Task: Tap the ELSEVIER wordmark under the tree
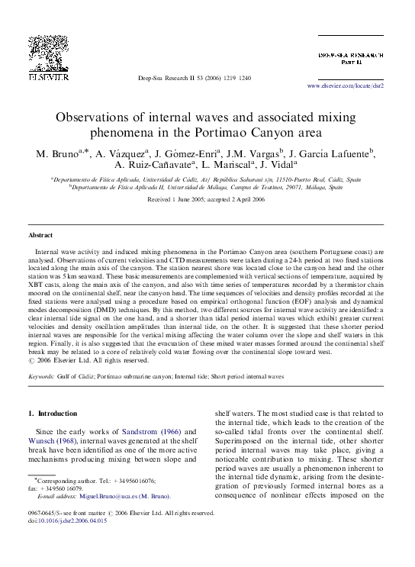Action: coord(47,76)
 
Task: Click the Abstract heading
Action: coord(40,236)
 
